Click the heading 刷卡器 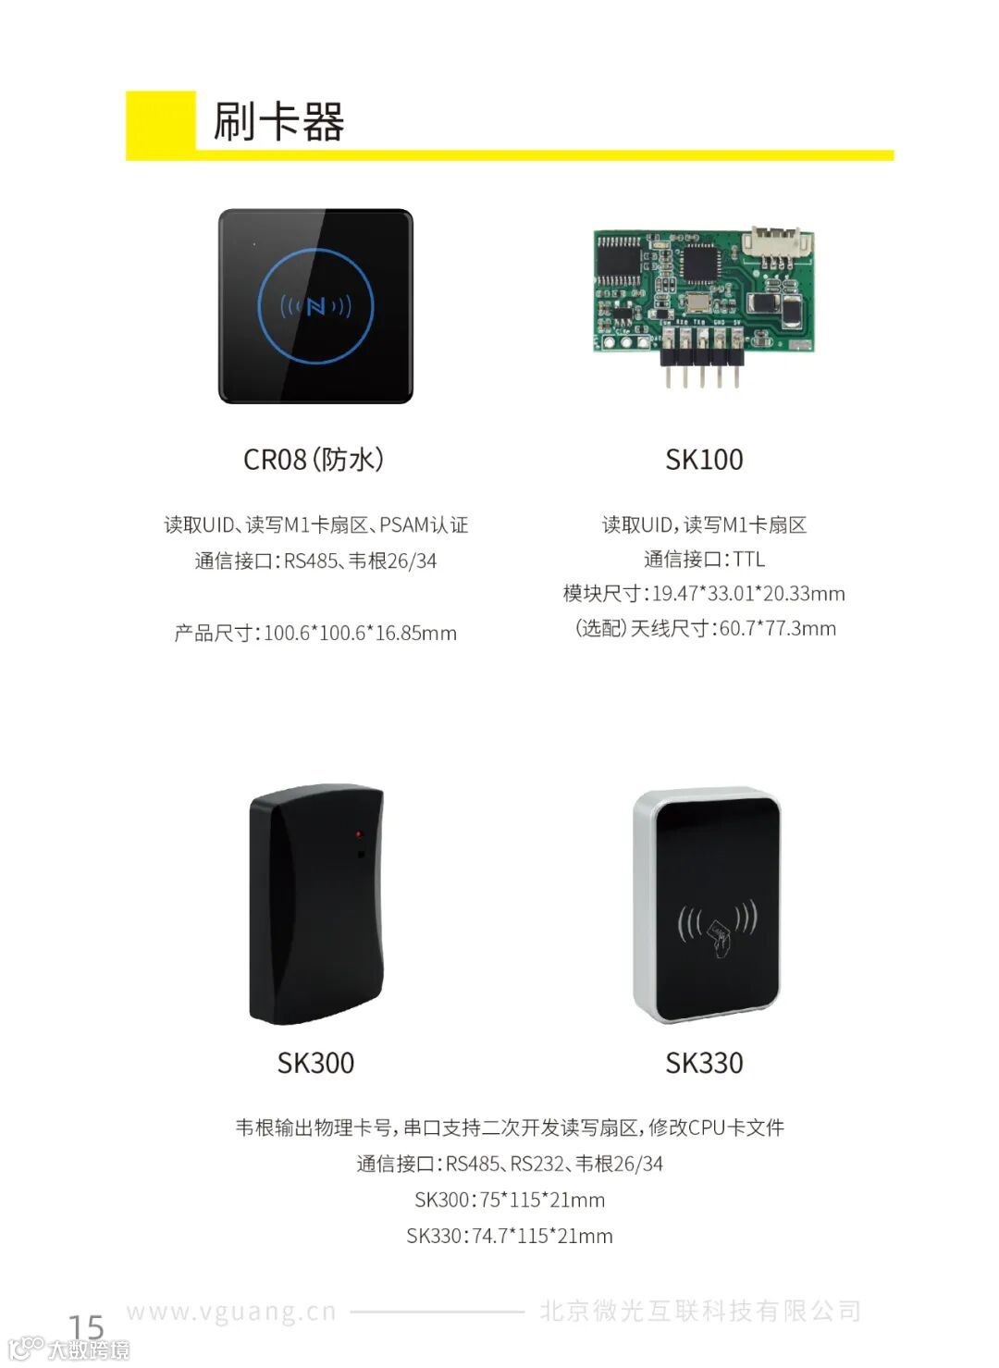pyautogui.click(x=278, y=121)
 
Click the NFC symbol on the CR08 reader pyautogui.click(x=315, y=305)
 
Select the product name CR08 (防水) pyautogui.click(x=314, y=459)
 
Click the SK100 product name pyautogui.click(x=704, y=460)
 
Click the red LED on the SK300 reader pyautogui.click(x=359, y=834)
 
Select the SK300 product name pyautogui.click(x=315, y=1063)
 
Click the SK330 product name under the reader pyautogui.click(x=704, y=1063)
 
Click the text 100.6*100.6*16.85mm pyautogui.click(x=360, y=634)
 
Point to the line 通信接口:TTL pyautogui.click(x=704, y=560)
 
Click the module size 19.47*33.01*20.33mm pyautogui.click(x=747, y=594)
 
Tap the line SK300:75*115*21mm pyautogui.click(x=510, y=1201)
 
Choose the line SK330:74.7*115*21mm pyautogui.click(x=510, y=1237)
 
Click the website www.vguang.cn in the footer pyautogui.click(x=231, y=1312)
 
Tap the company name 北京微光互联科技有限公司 pyautogui.click(x=700, y=1312)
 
